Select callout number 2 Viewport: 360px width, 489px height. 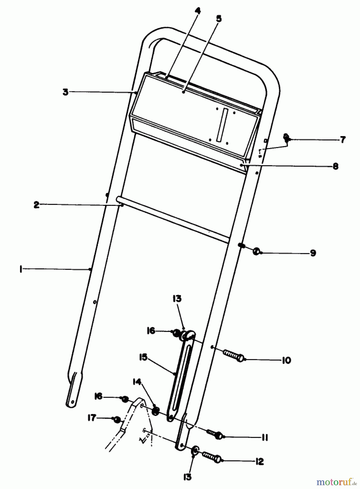[x=36, y=205]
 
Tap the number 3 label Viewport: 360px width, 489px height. [x=65, y=92]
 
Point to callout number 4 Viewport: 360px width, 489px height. [x=198, y=11]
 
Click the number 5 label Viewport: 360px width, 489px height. [x=219, y=18]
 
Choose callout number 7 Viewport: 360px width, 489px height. [x=343, y=140]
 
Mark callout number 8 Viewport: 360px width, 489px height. [x=336, y=166]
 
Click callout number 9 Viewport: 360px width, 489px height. [x=313, y=253]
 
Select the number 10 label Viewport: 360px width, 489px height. [x=286, y=360]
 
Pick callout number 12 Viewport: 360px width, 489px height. [x=259, y=462]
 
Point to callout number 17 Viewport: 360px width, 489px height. [x=92, y=418]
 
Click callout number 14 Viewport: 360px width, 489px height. [x=137, y=382]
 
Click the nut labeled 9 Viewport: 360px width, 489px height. [x=256, y=252]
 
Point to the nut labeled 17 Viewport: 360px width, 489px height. [x=117, y=420]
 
